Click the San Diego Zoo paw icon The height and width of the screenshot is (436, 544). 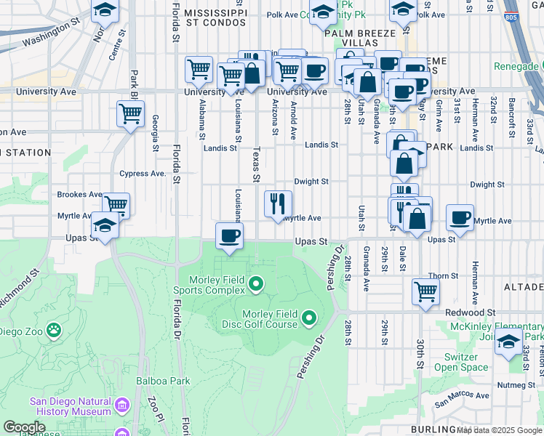(x=54, y=331)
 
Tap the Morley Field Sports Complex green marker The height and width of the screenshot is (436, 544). (x=255, y=283)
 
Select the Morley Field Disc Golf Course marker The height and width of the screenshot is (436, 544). (x=309, y=317)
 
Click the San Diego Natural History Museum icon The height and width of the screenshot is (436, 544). (x=121, y=404)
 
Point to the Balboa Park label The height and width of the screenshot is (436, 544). (x=162, y=380)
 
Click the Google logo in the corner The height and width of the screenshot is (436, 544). (x=24, y=427)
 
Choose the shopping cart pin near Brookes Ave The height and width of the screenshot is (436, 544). (x=116, y=205)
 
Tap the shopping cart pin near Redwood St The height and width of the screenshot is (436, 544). (x=425, y=292)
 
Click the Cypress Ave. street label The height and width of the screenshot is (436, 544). (x=143, y=174)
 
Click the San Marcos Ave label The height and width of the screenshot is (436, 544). (x=462, y=397)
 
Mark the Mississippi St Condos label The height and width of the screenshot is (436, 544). (x=215, y=20)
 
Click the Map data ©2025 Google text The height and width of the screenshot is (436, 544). (x=499, y=429)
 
